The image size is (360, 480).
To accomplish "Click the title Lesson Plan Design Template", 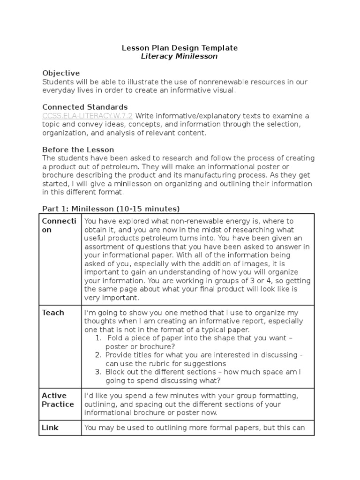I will (180, 48).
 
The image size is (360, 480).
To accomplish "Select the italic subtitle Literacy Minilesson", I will (180, 56).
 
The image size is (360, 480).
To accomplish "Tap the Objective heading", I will (61, 73).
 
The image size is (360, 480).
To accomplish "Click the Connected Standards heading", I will (85, 107).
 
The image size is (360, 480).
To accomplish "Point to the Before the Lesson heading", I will (78, 150).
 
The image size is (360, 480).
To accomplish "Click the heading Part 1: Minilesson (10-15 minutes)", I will (111, 209).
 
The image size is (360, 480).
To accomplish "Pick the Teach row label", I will (53, 313).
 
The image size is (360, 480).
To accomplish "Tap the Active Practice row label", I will (58, 400).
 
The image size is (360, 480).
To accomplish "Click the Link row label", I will (50, 427).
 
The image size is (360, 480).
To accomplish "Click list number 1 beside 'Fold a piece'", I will (97, 338).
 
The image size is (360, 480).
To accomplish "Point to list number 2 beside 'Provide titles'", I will (98, 355).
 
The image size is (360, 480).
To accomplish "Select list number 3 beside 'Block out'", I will (98, 372).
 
